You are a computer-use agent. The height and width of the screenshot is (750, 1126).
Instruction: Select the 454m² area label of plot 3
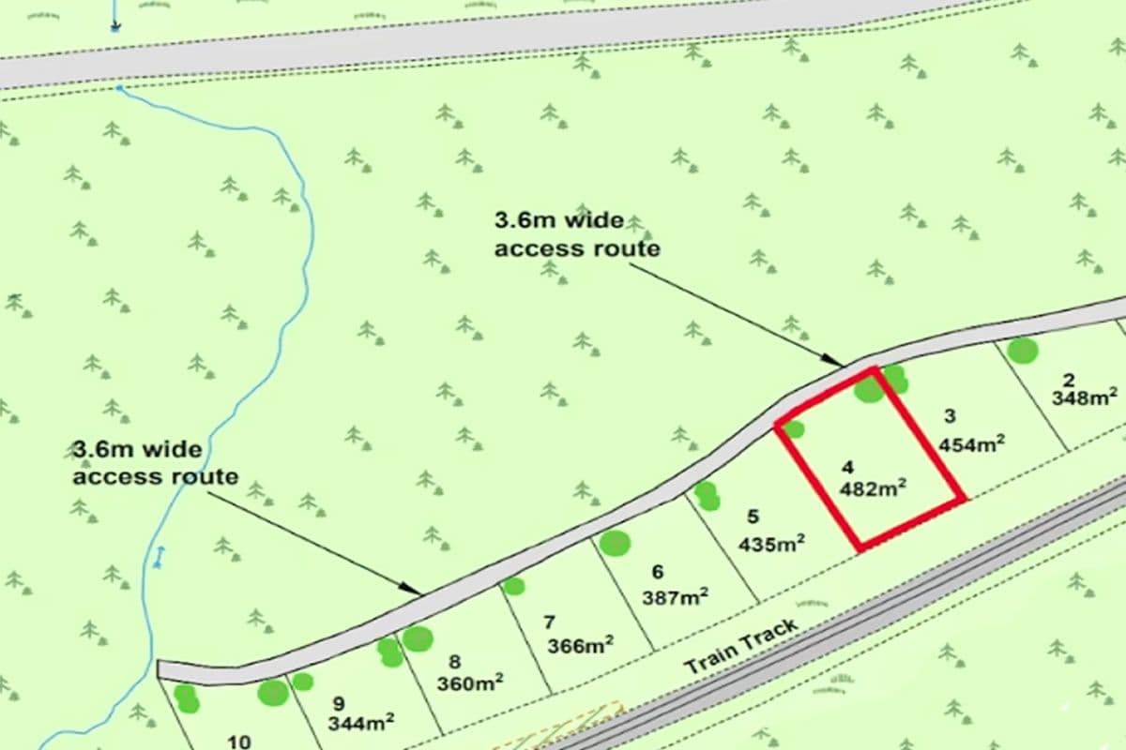coord(972,443)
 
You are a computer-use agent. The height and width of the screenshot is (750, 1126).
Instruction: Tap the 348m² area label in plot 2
coord(1085,397)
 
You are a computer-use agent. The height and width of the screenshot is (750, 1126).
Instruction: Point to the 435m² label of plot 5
coord(772,543)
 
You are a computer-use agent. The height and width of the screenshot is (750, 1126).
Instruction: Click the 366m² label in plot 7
coord(582,646)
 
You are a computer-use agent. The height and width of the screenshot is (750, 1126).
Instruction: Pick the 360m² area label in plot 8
coord(470,682)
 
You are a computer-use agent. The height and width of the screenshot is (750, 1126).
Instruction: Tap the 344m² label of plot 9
coord(360,723)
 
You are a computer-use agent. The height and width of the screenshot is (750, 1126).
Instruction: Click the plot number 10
coord(238,742)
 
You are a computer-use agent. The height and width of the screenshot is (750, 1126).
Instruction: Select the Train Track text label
coord(741,647)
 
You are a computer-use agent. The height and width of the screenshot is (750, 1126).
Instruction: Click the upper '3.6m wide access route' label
coord(576,234)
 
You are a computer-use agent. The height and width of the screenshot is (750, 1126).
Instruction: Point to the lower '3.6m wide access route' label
coord(156,462)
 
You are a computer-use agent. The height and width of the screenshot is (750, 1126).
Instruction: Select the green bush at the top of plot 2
coord(1023,351)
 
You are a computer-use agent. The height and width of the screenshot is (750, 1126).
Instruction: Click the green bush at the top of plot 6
coord(615,543)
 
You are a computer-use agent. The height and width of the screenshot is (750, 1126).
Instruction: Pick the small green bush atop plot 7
coord(513,586)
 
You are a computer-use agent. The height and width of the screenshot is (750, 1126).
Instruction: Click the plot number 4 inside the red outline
coord(848,466)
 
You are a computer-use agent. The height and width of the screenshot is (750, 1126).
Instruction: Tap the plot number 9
coord(338,702)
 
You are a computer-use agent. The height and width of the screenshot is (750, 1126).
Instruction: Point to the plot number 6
coord(657,572)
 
